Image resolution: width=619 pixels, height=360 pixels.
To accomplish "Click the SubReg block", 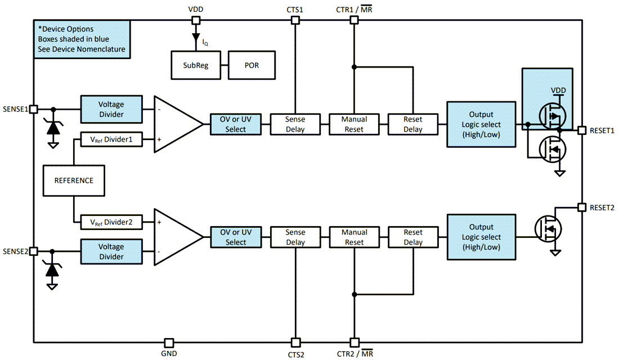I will pos(196,65).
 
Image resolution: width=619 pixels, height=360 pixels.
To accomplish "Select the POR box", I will pos(252,65).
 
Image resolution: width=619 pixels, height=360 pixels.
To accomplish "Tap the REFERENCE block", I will pos(74,181).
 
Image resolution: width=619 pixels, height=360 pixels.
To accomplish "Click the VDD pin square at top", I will pos(196,20).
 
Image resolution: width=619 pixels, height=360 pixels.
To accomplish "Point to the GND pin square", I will pos(168,343).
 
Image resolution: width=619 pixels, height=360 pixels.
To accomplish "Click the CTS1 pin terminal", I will pos(295,20).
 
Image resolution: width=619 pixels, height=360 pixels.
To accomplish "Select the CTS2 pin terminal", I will pos(295,343).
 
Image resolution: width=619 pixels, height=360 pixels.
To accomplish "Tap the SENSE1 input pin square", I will pos(33,109).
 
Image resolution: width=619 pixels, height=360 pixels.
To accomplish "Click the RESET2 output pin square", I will pos(581,208).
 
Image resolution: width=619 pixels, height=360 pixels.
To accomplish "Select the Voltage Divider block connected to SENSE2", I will pos(111,251).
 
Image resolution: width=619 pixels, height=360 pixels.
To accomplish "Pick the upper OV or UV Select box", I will pos(236,124).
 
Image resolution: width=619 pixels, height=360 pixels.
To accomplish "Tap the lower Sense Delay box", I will pos(295,237).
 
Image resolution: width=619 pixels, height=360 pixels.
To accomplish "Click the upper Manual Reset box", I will pos(354,124).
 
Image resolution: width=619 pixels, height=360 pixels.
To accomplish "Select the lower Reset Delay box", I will pos(413,237).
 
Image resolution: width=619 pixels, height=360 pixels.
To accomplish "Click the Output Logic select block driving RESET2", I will pos(481,237).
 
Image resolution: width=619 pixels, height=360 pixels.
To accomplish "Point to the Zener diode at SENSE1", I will pos(53,128).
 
